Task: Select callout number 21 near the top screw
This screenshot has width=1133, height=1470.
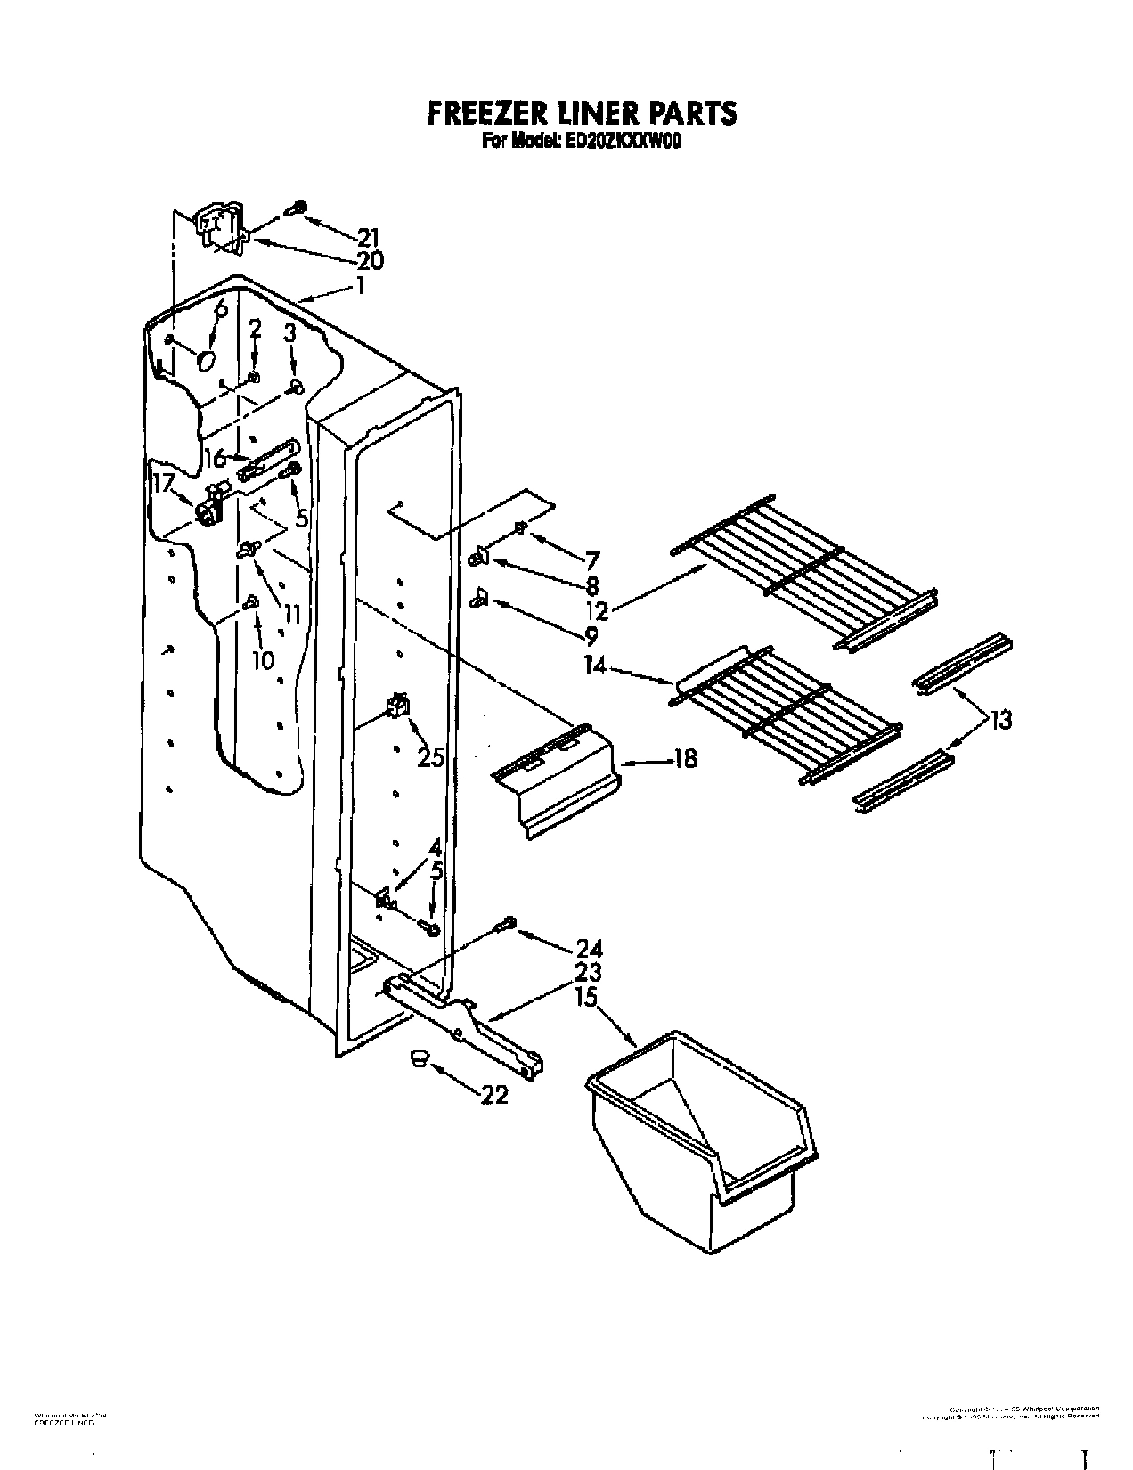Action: pyautogui.click(x=368, y=237)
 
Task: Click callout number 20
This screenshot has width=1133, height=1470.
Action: pyautogui.click(x=370, y=260)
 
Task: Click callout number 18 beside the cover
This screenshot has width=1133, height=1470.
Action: pyautogui.click(x=685, y=759)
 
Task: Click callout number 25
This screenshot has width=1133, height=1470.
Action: pyautogui.click(x=431, y=757)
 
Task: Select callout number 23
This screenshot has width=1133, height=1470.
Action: pyautogui.click(x=588, y=972)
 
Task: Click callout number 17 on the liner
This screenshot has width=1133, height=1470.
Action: pyautogui.click(x=162, y=482)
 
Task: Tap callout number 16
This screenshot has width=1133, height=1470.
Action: pyautogui.click(x=214, y=459)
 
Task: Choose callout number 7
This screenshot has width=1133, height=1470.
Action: pyautogui.click(x=592, y=560)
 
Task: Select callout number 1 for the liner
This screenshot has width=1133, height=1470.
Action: pyautogui.click(x=359, y=285)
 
